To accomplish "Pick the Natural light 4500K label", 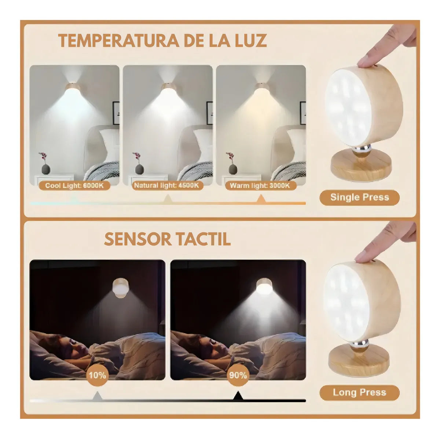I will (x=168, y=186).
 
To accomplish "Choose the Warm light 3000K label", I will (x=259, y=186).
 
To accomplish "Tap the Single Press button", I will (x=359, y=197).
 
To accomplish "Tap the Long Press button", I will (x=359, y=392).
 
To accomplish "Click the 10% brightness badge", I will (x=97, y=375).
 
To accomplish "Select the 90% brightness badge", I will (x=238, y=375).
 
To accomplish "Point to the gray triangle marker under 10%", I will (x=97, y=396).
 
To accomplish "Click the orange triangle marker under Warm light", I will (x=261, y=200).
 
